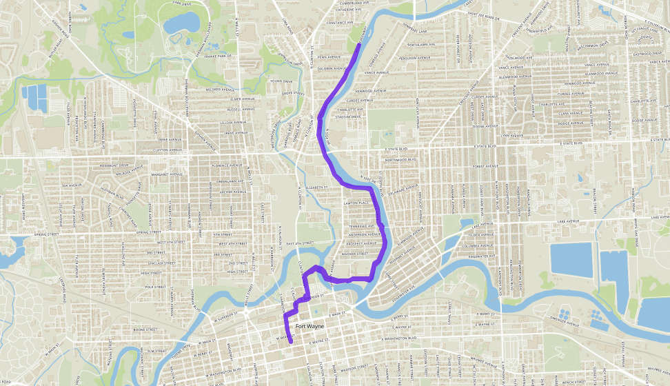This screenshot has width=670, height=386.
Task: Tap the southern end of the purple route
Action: click(x=291, y=341)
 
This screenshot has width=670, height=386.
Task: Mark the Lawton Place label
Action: click(x=358, y=203)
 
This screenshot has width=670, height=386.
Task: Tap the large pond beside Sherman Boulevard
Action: click(x=181, y=25)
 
